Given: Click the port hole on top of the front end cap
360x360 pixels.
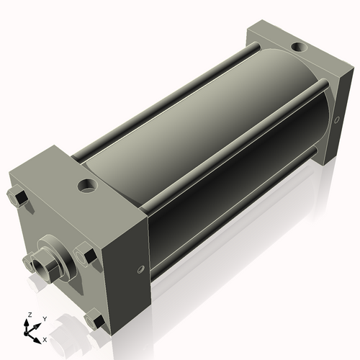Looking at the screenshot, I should click(x=87, y=186).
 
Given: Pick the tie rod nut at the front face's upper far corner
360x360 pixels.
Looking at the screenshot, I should click(x=17, y=197).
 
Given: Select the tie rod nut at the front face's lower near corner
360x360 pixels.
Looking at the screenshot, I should click(x=92, y=319).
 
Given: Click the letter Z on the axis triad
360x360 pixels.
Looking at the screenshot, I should click(x=28, y=315).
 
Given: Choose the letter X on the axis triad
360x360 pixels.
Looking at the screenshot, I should click(x=45, y=338).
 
